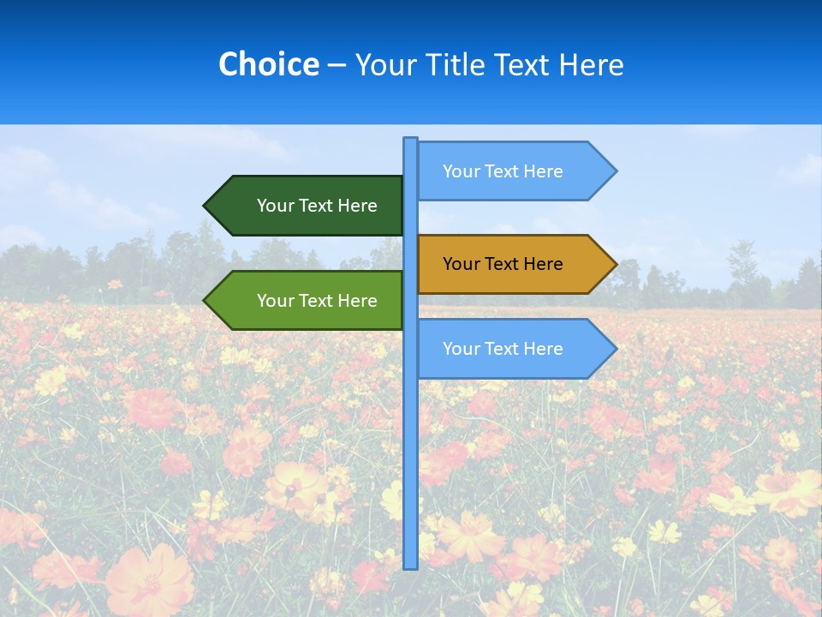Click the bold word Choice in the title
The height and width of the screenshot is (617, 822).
point(268,64)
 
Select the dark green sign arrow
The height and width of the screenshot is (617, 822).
point(304,206)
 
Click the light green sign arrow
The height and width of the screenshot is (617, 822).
point(304,301)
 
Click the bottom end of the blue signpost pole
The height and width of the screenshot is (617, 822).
point(410,566)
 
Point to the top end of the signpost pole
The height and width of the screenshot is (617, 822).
point(410,141)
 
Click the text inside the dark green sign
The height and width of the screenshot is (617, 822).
point(317,206)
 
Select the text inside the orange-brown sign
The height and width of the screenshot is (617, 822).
point(503,264)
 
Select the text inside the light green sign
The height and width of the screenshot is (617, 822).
point(317,301)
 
